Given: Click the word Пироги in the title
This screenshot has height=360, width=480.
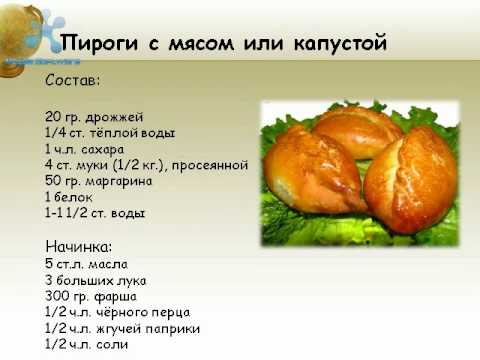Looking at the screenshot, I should click(x=100, y=44).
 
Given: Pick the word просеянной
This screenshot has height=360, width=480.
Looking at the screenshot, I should click(x=211, y=165).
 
